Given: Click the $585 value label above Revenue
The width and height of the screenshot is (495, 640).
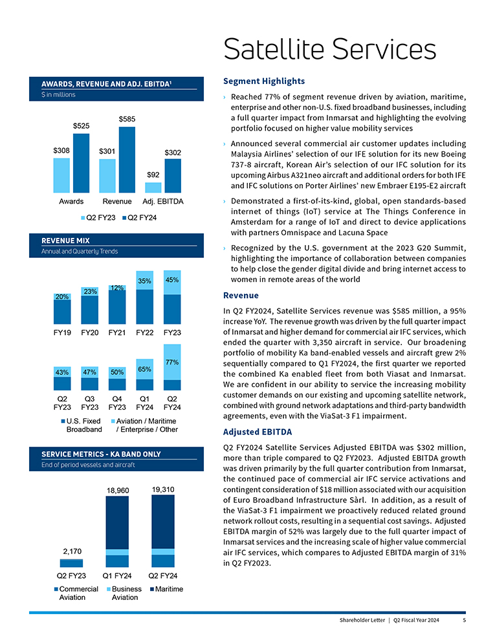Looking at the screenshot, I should click(127, 119).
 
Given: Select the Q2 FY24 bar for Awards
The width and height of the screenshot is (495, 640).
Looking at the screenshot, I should click(82, 163).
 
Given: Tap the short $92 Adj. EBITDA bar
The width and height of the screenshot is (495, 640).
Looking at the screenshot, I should click(153, 187).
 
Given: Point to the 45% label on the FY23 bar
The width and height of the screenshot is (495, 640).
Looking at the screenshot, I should click(172, 281).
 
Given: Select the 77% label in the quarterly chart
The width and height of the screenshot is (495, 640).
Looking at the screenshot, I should click(172, 363).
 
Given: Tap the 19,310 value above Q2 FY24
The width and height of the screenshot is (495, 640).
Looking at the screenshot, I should click(163, 489).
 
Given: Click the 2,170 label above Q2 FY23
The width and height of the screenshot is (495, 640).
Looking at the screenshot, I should click(72, 551).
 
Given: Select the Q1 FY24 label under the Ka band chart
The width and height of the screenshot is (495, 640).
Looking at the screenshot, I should click(117, 575).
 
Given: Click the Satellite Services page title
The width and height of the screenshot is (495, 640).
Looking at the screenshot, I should click(329, 49).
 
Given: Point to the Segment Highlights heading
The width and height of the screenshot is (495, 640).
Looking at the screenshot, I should click(263, 81).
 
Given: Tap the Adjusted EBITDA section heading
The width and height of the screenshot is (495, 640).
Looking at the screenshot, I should click(257, 432).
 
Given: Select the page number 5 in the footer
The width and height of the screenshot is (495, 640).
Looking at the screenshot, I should click(464, 621).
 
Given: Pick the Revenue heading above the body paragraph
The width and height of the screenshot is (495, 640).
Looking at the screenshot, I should click(241, 295).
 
